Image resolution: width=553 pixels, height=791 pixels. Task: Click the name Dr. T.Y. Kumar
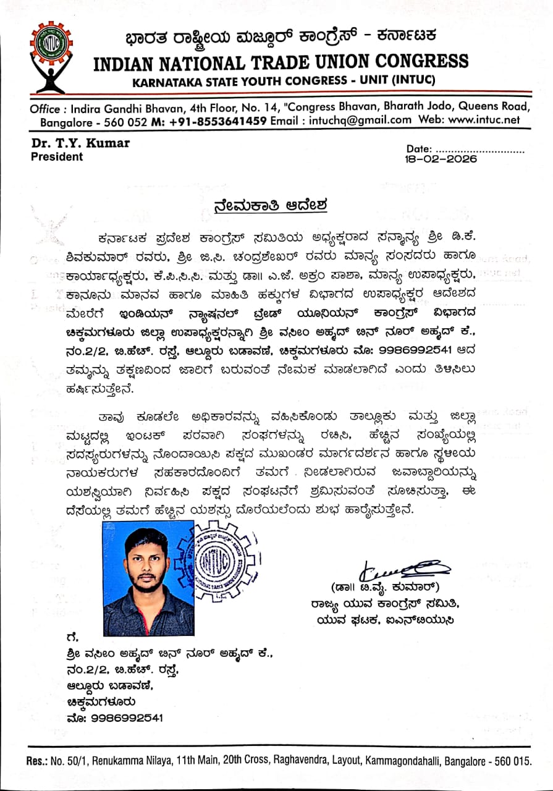pos(80,143)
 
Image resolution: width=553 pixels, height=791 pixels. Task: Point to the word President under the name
pos(57,157)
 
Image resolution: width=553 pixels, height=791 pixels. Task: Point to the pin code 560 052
pos(123,121)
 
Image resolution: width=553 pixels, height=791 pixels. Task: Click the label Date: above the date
pos(420,149)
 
